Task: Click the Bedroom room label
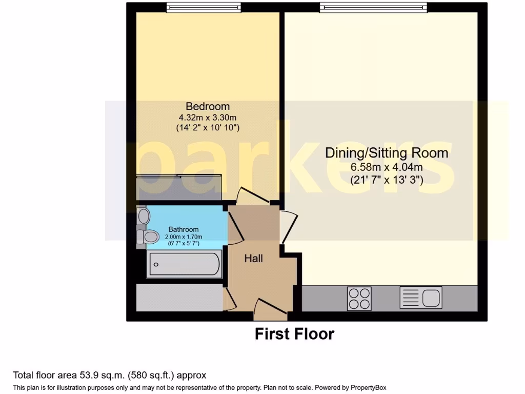(x=208, y=107)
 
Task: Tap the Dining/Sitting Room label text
(x=387, y=153)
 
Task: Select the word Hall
(x=253, y=259)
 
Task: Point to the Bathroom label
(x=184, y=229)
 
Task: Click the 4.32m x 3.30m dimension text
(x=208, y=117)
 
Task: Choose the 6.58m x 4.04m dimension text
(x=387, y=167)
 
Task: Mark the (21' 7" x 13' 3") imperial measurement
(x=387, y=180)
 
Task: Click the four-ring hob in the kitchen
(x=359, y=298)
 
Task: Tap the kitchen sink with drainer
(x=420, y=298)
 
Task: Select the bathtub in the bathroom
(x=184, y=265)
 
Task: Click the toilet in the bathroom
(x=148, y=237)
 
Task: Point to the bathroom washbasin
(x=143, y=215)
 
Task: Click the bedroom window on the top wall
(x=204, y=7)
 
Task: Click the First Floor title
(x=294, y=334)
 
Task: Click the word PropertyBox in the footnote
(x=371, y=387)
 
